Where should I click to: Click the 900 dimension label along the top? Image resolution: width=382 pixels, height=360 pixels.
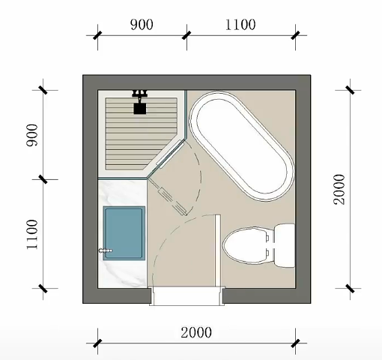(x=142, y=25)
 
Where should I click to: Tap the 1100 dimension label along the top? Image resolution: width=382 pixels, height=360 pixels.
(x=240, y=25)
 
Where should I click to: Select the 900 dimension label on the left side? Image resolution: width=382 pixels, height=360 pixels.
(x=32, y=135)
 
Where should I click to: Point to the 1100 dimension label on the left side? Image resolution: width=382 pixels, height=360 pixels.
(x=32, y=234)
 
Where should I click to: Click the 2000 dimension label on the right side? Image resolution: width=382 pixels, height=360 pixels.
(x=339, y=189)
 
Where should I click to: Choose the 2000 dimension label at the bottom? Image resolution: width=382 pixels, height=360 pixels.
(x=196, y=333)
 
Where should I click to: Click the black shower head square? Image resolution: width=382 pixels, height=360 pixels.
(x=140, y=109)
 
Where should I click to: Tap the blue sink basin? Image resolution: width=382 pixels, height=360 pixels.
(x=124, y=233)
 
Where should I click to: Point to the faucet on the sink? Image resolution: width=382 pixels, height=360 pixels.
(x=106, y=250)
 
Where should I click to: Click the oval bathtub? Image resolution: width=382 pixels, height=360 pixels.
(x=241, y=146)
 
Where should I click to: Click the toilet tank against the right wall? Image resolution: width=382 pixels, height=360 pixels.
(x=285, y=245)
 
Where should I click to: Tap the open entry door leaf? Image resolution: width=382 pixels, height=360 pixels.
(x=218, y=250)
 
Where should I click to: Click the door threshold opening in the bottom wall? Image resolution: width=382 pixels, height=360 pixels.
(x=187, y=296)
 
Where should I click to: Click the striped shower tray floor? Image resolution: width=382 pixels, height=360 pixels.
(x=140, y=133)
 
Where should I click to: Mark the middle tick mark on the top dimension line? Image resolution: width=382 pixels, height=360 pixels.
(x=187, y=35)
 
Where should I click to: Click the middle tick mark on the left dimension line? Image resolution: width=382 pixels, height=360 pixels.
(x=43, y=179)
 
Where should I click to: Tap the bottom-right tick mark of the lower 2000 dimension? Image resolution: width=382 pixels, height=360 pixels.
(x=295, y=343)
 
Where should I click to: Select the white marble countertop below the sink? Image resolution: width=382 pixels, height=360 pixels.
(x=122, y=274)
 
